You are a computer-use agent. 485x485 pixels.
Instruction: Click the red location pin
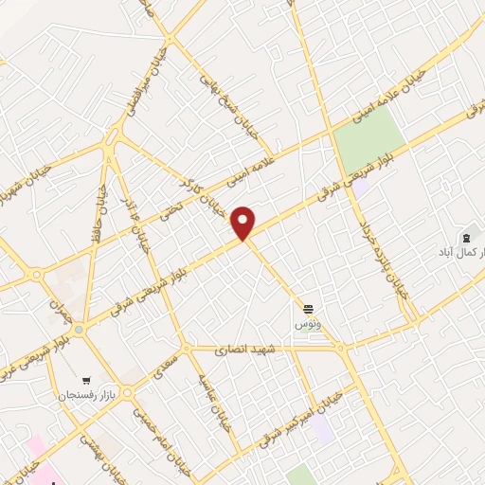tap(244, 222)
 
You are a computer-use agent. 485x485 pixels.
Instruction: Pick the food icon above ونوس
tap(308, 309)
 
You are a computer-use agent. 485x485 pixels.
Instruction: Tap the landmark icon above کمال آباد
tap(465, 237)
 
